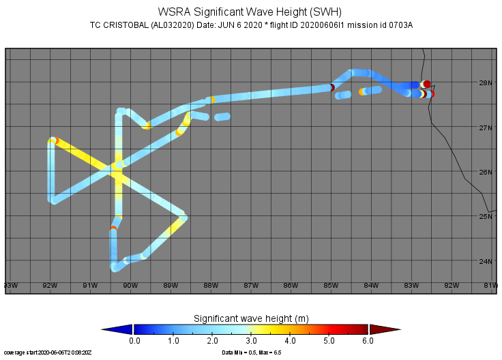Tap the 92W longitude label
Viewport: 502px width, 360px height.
[x=50, y=285]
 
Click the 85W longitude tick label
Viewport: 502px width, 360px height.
[x=331, y=285]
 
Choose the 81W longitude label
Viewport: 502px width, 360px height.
[x=490, y=285]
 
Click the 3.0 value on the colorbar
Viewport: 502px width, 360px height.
[x=251, y=340]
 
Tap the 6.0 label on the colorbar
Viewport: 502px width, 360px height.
[x=368, y=340]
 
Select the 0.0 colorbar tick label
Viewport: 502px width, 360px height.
[x=134, y=340]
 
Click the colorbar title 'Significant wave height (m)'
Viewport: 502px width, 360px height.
[x=250, y=318]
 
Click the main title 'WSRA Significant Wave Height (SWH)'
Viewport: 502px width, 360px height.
[x=250, y=12]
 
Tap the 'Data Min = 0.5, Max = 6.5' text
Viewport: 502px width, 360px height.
[x=252, y=353]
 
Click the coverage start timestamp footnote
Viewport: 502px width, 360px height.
[x=46, y=353]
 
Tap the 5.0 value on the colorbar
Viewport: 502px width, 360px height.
[x=329, y=340]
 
